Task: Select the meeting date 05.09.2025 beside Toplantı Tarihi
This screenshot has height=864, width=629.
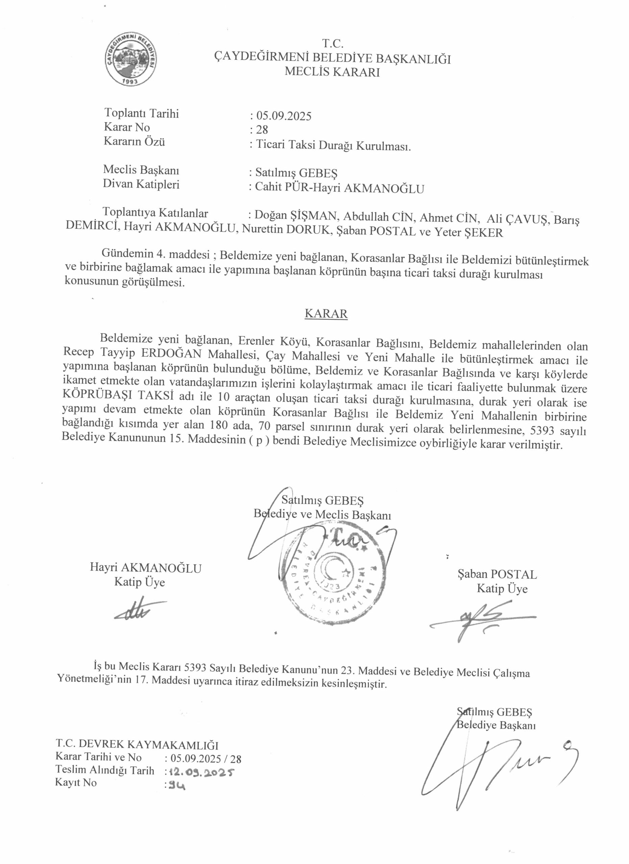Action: pyautogui.click(x=284, y=116)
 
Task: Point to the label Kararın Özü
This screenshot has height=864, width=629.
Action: pyautogui.click(x=134, y=142)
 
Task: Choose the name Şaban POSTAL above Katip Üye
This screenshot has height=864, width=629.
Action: pyautogui.click(x=497, y=574)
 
